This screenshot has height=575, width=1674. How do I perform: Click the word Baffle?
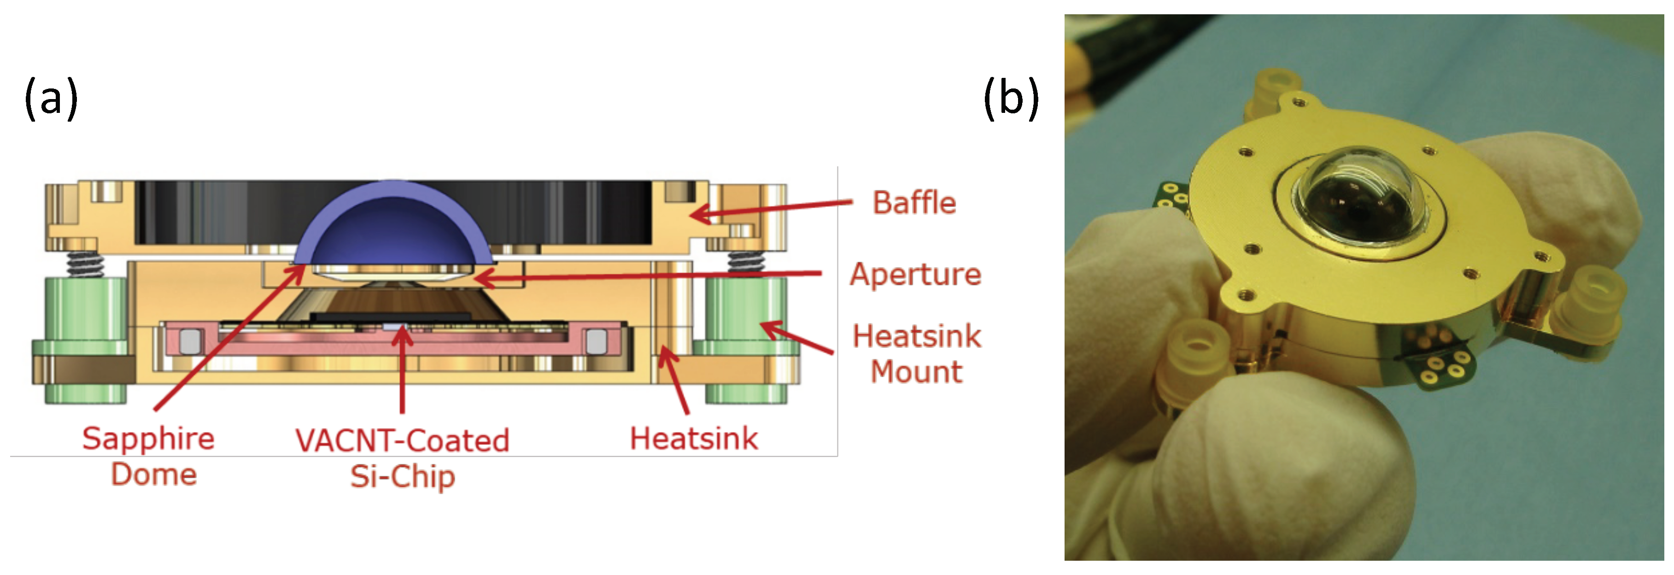point(913,203)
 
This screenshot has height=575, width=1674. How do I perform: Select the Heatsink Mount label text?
point(916,354)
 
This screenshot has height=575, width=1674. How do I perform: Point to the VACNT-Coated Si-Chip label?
point(402,458)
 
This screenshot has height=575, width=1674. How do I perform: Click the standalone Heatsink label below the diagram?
point(693,439)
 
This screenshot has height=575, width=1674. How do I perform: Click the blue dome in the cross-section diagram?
point(392,224)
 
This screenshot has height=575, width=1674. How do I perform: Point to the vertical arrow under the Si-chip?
point(403,370)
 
